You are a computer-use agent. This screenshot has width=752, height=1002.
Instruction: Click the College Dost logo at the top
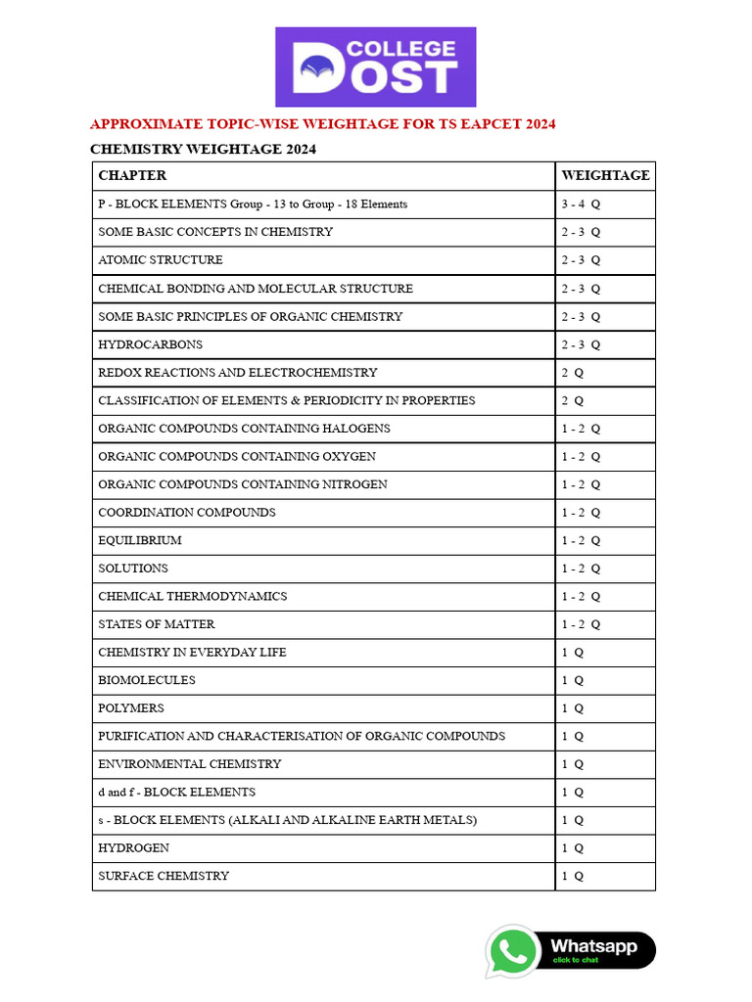(x=375, y=67)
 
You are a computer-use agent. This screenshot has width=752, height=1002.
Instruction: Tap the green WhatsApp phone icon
(x=513, y=951)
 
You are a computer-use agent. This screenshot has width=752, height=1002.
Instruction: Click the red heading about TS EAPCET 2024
(x=322, y=124)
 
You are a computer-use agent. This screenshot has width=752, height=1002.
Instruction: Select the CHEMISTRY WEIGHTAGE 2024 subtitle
(x=203, y=150)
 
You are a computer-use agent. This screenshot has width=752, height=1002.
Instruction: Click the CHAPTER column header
(x=132, y=176)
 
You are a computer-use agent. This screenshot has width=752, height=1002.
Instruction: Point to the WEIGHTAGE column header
(x=604, y=176)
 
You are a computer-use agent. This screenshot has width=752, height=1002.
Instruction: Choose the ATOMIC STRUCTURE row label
(x=161, y=260)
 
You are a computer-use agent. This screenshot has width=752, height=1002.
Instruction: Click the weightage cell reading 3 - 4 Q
(x=581, y=205)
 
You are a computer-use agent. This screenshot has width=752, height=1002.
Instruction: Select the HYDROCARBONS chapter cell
(x=151, y=344)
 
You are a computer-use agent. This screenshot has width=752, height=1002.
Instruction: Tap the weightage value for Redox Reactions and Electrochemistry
(x=573, y=373)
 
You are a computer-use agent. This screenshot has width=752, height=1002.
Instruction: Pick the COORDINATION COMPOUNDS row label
(x=187, y=513)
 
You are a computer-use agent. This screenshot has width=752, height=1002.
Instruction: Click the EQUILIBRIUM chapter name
(x=140, y=540)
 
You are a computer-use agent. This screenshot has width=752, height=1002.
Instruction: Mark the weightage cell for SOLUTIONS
(x=581, y=569)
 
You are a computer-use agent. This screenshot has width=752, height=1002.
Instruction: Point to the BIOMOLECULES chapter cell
(x=147, y=680)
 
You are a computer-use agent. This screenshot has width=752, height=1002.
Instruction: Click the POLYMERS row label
(x=131, y=708)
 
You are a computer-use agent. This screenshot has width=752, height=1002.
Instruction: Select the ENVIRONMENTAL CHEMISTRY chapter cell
(x=190, y=764)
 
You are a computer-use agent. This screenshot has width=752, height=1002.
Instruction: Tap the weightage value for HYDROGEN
(x=573, y=848)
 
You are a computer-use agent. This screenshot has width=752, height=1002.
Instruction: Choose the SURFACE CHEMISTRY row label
(x=164, y=876)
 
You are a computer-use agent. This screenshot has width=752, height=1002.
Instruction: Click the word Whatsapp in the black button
(x=593, y=946)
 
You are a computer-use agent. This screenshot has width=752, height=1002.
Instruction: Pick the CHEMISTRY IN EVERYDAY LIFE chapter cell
(x=192, y=653)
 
